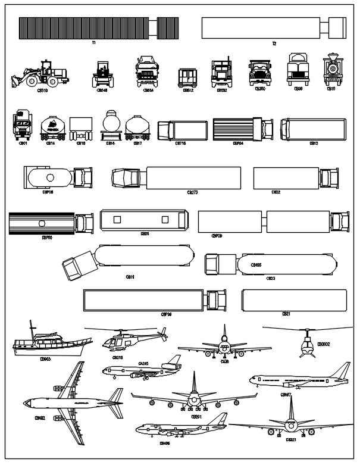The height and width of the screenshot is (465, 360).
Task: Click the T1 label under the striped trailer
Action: (94, 43)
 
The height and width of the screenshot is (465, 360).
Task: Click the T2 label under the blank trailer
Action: (274, 43)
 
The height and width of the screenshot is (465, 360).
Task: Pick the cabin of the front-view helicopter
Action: (306, 345)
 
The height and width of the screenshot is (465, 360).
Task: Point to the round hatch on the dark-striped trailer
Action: (42, 223)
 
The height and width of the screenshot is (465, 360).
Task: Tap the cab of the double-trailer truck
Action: (340, 221)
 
